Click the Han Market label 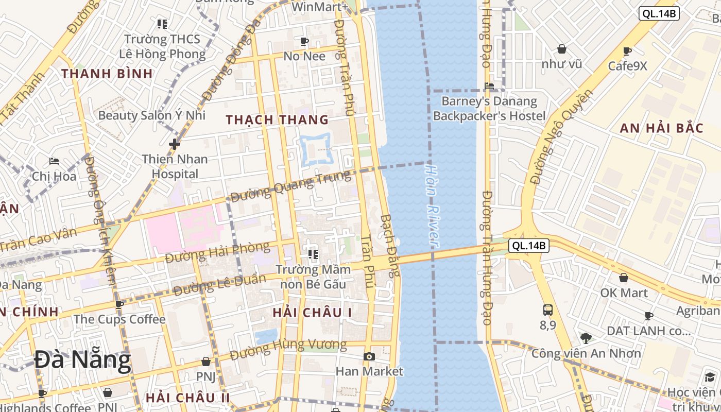(369, 371)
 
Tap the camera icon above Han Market (369, 356)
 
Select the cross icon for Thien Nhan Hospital (175, 144)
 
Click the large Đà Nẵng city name (82, 360)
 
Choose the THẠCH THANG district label (277, 120)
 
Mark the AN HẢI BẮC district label (661, 128)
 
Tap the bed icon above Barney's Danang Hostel (489, 86)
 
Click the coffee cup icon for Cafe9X (627, 51)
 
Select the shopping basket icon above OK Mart (623, 278)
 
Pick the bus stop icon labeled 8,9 (548, 310)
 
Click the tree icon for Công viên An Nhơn (586, 338)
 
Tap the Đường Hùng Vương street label (288, 349)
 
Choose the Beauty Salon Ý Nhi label (151, 115)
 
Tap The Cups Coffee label (119, 319)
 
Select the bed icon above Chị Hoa (54, 161)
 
